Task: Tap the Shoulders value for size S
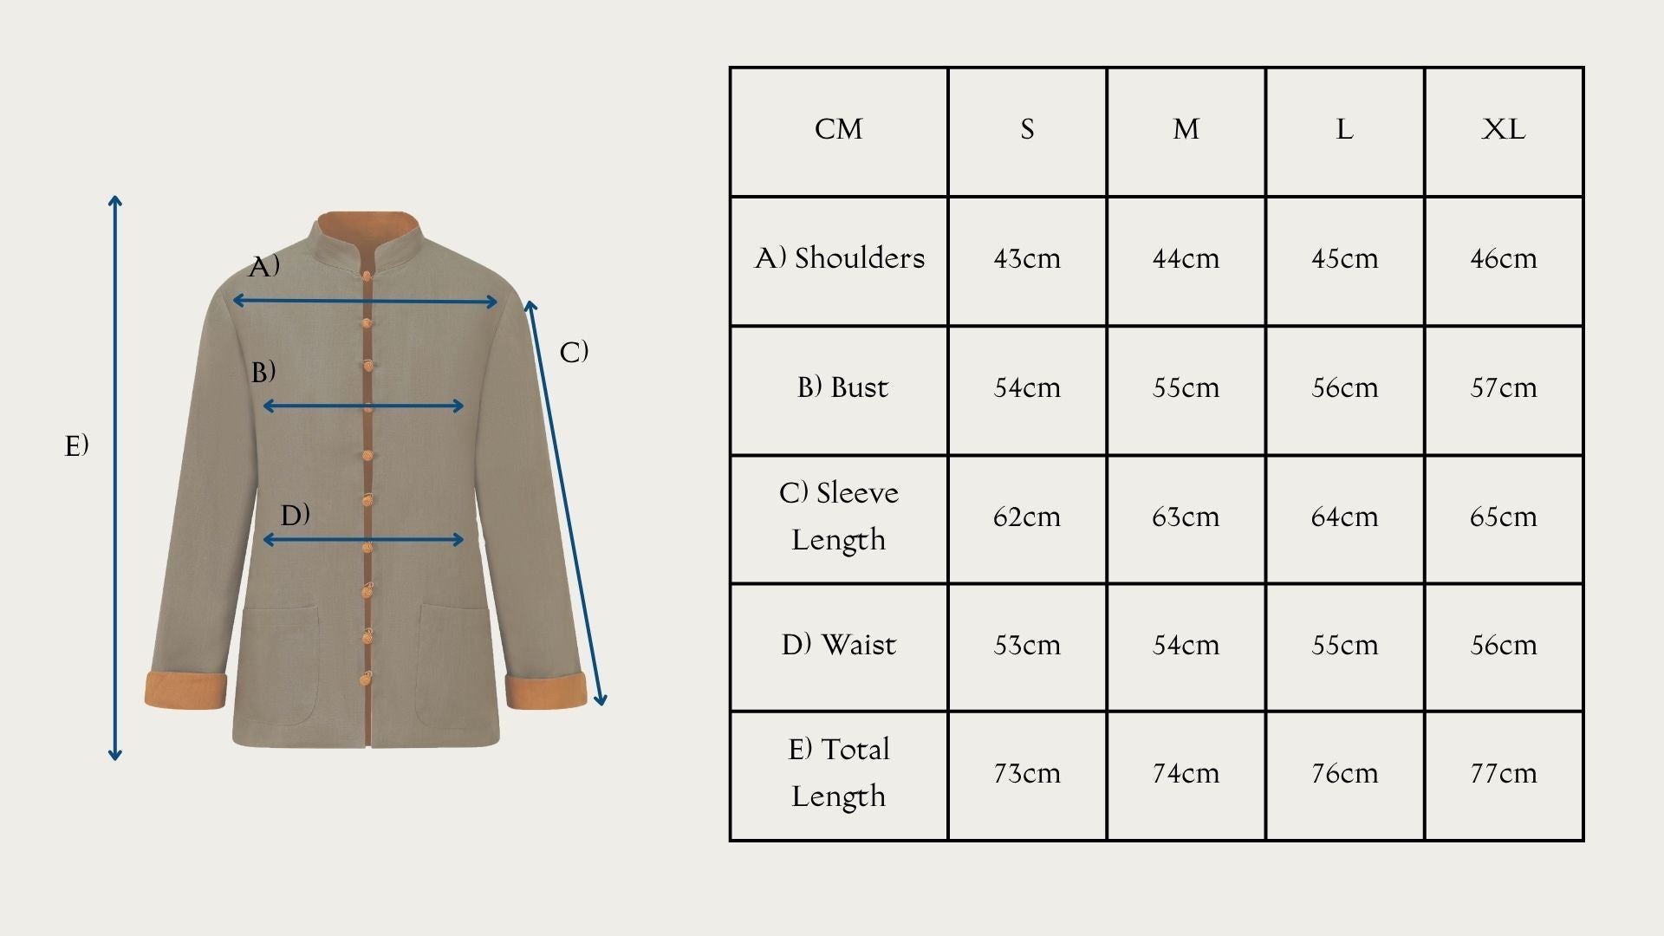click(1027, 258)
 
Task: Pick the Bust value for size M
click(1186, 387)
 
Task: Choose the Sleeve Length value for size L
click(1344, 517)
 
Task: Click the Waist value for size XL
click(1504, 645)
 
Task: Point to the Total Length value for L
click(1344, 773)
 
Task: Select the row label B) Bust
click(842, 387)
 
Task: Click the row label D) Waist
click(839, 645)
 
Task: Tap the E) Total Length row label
click(839, 773)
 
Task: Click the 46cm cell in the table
click(1504, 258)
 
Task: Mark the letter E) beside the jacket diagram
click(77, 445)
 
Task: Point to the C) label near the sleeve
click(574, 352)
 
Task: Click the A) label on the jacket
click(264, 266)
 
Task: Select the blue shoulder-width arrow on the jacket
click(365, 302)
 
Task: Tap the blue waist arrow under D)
click(363, 540)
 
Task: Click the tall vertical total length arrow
click(115, 478)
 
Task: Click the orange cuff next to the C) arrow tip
click(546, 692)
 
